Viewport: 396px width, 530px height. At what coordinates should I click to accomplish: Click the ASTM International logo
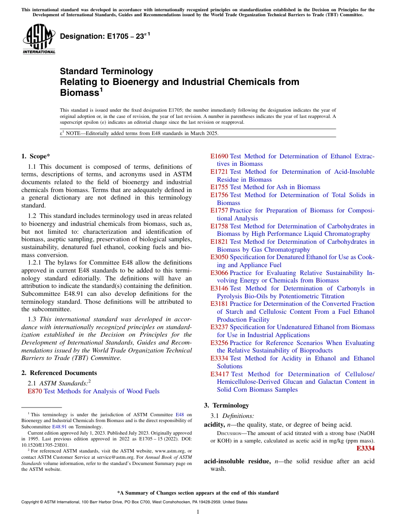39,39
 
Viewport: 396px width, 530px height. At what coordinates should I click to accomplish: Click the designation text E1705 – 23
105,36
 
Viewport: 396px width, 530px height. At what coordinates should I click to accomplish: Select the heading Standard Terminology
106,71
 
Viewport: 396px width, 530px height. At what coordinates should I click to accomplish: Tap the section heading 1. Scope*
35,156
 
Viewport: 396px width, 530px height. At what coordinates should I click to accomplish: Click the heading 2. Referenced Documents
59,373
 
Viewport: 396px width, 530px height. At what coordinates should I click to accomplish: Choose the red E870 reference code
35,391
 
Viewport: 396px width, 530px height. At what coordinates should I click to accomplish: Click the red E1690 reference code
219,156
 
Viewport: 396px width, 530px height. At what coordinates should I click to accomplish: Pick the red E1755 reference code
219,187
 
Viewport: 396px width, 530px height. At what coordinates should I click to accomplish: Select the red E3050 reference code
219,257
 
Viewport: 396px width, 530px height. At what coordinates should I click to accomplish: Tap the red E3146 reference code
219,288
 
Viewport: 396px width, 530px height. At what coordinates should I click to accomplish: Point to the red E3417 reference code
219,374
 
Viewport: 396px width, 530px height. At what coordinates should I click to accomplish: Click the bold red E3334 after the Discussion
365,449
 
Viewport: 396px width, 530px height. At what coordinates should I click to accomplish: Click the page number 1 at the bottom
198,512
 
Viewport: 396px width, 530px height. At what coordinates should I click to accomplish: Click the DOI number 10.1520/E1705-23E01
42,445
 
